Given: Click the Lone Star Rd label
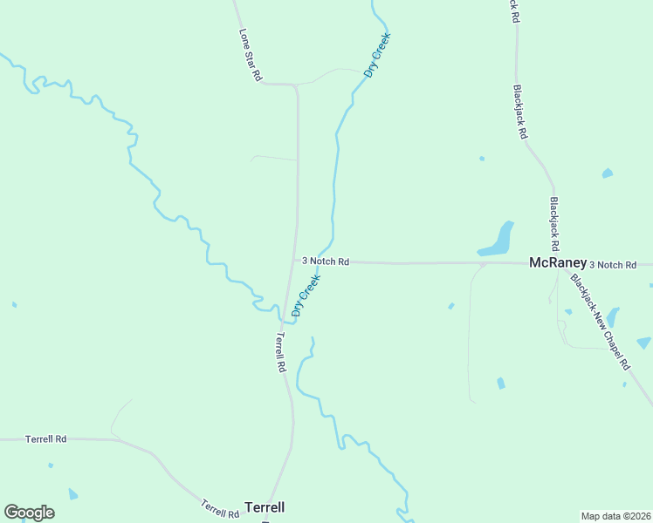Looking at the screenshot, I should (251, 54).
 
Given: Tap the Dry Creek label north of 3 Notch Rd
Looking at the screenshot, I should (377, 56).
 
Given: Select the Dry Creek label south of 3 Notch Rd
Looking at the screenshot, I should (306, 295).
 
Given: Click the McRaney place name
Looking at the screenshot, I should (557, 262).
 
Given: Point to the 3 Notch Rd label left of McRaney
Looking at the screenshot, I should (326, 261).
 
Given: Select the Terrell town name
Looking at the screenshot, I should (265, 506).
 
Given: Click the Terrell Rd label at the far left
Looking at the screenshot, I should (45, 438).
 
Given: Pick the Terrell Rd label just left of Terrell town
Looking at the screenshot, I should (220, 508).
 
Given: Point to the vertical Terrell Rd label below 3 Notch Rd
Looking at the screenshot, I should (280, 352).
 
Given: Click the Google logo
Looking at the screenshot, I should (29, 513).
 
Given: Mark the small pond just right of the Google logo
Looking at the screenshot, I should (72, 494).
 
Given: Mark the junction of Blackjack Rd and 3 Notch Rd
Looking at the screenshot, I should (556, 261).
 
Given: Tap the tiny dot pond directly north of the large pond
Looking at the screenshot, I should (481, 159).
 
